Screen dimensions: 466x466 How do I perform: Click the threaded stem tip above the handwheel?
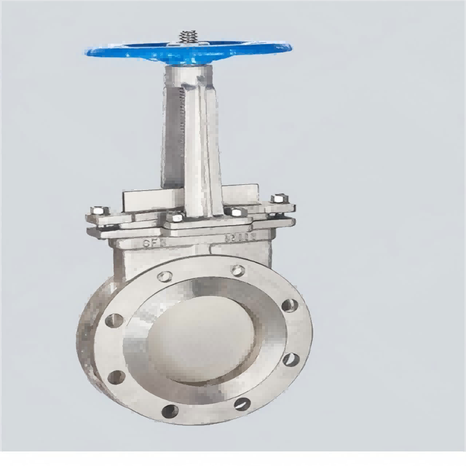188,36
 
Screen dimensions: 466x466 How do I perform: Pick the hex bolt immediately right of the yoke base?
235,212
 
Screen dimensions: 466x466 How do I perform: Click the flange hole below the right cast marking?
237,270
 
